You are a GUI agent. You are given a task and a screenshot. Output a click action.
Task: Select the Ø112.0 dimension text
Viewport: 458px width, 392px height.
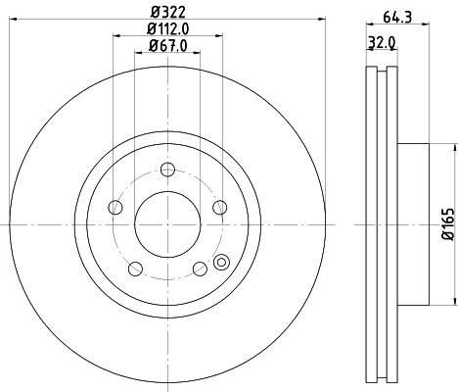click(167, 29)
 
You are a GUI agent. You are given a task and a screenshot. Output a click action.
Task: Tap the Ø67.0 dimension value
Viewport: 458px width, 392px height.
click(167, 48)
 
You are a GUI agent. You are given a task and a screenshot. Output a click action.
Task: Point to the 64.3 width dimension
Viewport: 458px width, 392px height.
click(395, 15)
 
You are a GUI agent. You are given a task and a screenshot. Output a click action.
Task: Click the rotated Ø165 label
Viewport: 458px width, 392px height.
click(445, 224)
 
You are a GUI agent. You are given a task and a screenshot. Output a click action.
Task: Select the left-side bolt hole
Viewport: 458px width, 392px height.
click(115, 206)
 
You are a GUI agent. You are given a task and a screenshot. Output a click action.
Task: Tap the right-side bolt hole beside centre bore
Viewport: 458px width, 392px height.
click(218, 206)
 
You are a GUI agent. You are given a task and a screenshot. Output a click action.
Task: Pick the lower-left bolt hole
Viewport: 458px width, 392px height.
click(135, 267)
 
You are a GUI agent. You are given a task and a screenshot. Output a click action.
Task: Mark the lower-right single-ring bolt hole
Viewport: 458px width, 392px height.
click(200, 267)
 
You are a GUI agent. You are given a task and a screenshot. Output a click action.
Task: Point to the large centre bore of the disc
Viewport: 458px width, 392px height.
click(166, 223)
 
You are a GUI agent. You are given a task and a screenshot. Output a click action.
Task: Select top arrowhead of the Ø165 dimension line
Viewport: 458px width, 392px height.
click(451, 146)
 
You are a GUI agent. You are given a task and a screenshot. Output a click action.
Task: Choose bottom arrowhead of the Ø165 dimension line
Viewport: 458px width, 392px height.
click(451, 305)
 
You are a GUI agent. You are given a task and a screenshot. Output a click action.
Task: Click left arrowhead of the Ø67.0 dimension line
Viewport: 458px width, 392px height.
click(136, 58)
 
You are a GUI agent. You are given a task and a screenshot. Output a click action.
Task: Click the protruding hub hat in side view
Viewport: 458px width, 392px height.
click(413, 224)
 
